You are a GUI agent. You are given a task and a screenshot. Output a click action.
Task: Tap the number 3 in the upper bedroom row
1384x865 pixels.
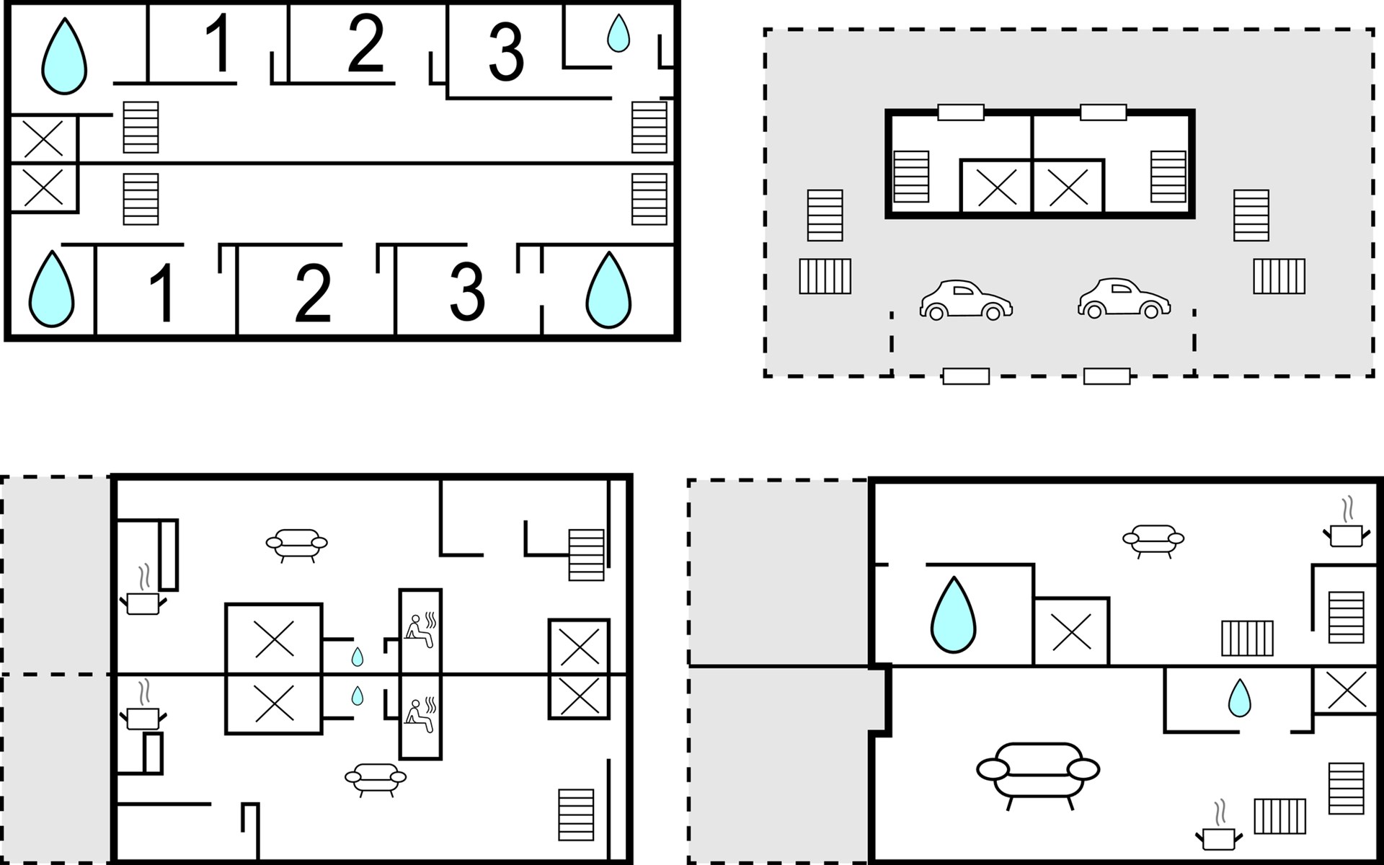(506, 52)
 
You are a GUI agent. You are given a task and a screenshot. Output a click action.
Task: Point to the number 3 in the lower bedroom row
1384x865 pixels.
(467, 290)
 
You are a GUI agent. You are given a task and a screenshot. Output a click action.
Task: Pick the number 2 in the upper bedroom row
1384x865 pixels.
(365, 43)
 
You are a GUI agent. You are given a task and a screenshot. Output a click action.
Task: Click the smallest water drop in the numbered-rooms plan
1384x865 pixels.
(618, 33)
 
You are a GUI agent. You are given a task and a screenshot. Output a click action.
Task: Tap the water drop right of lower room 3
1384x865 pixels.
(608, 290)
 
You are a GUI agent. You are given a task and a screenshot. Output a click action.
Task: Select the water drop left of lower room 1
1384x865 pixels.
(51, 288)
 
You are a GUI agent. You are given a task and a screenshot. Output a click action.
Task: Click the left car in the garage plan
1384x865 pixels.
(966, 299)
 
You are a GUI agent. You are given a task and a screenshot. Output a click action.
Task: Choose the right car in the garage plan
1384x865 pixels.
(1124, 298)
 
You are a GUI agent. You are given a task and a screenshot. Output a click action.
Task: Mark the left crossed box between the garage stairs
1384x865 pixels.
(997, 187)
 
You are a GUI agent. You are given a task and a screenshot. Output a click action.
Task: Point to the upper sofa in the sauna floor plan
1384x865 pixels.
(297, 545)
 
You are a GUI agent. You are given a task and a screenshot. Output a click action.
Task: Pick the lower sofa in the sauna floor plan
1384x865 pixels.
(376, 779)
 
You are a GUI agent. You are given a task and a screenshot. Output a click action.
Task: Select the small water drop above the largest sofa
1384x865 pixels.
(1240, 698)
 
